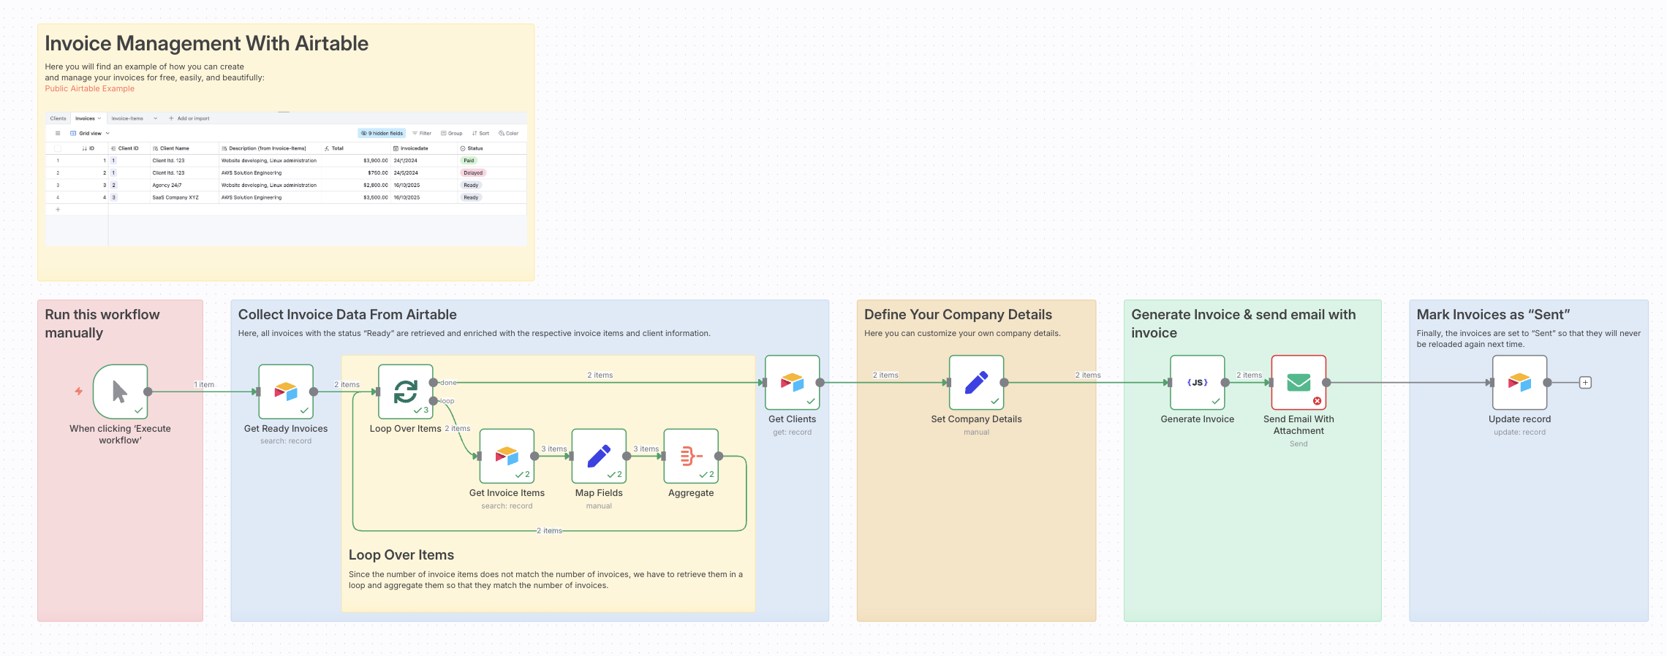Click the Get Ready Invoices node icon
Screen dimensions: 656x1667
click(286, 392)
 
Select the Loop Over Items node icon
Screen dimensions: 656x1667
click(406, 392)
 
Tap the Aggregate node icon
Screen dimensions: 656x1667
click(691, 456)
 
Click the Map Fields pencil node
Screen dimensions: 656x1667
click(599, 456)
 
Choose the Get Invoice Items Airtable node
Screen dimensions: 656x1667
click(507, 456)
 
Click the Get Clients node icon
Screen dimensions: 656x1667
click(792, 382)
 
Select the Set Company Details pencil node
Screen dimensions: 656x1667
click(976, 382)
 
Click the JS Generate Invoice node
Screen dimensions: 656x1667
click(1197, 382)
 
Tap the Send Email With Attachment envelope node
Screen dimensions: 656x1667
click(1299, 382)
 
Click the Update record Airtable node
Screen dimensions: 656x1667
click(1519, 382)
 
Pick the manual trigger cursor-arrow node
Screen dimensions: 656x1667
click(120, 392)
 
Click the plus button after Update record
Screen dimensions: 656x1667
click(1585, 383)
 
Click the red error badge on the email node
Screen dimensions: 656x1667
click(1317, 401)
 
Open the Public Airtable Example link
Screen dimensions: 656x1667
click(90, 89)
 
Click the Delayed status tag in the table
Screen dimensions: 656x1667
click(473, 173)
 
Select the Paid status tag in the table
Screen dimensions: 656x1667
click(469, 161)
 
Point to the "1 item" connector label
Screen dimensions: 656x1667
click(204, 385)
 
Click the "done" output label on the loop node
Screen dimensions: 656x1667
click(448, 383)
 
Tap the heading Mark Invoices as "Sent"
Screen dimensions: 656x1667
click(1493, 315)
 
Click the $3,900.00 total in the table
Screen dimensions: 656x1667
click(375, 161)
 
